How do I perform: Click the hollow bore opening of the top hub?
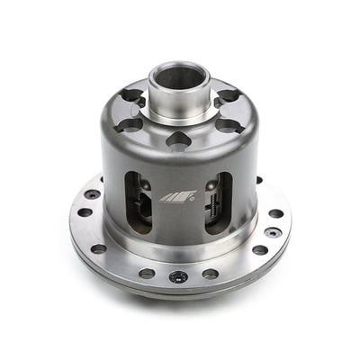click(x=180, y=76)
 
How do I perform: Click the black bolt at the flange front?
click(x=178, y=276)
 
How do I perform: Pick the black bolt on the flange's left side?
click(x=93, y=193)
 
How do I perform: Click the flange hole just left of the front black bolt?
click(x=147, y=273)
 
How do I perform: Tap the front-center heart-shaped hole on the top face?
click(x=180, y=139)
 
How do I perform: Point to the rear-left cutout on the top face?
click(x=133, y=96)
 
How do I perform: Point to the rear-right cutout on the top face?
click(x=227, y=96)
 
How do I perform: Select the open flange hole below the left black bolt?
click(x=85, y=213)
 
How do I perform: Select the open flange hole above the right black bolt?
click(x=275, y=213)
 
